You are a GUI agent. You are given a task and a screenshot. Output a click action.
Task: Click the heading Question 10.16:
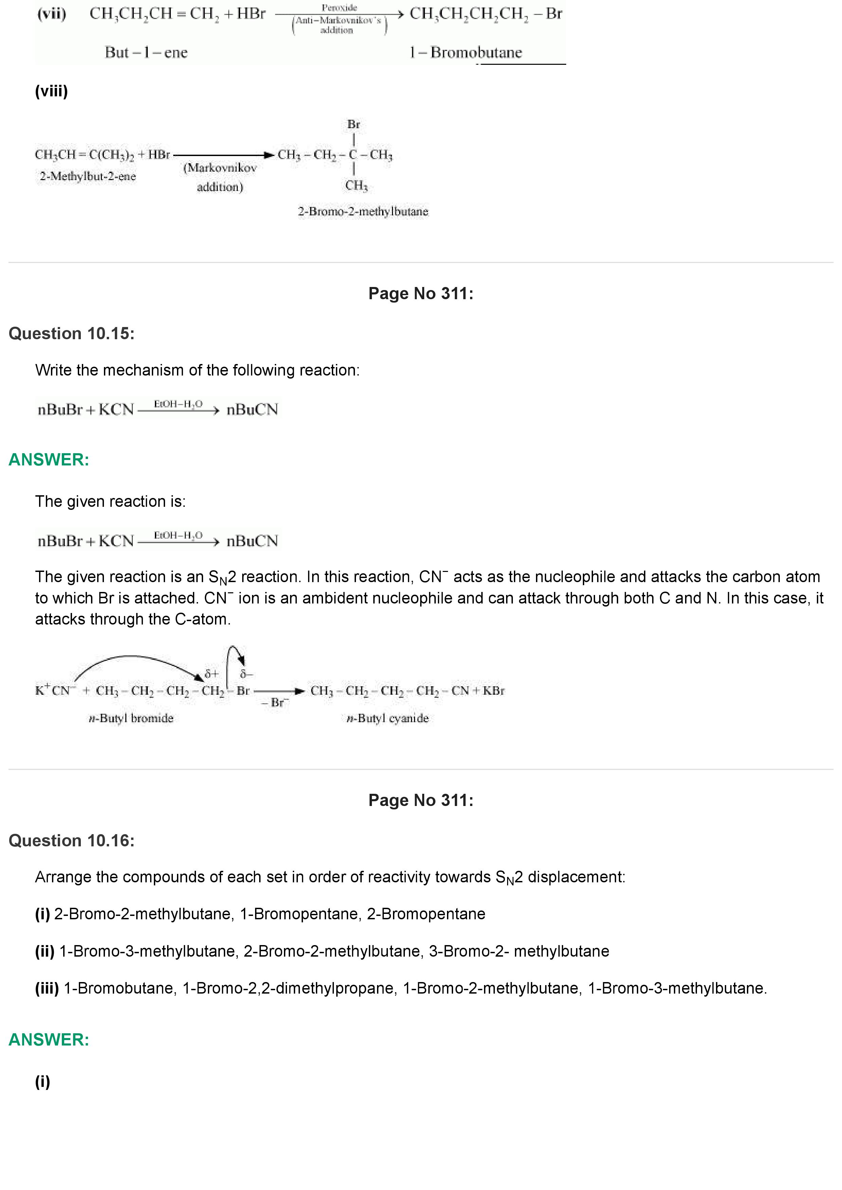72,840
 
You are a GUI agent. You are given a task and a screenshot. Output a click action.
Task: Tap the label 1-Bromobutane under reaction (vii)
465,52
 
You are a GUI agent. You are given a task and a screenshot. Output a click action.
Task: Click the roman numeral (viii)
51,91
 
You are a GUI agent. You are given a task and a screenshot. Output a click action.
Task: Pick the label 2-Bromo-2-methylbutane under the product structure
363,211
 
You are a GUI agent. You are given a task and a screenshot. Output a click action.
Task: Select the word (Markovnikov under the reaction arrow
220,168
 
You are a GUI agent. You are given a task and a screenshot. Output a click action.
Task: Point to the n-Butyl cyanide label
388,718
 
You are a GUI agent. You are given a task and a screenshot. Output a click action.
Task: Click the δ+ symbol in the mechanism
212,674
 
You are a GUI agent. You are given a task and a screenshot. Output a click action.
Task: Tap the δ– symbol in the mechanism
246,674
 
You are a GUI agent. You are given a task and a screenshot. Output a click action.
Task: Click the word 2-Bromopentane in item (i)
426,914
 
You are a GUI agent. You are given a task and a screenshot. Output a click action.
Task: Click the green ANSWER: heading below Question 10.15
49,460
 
